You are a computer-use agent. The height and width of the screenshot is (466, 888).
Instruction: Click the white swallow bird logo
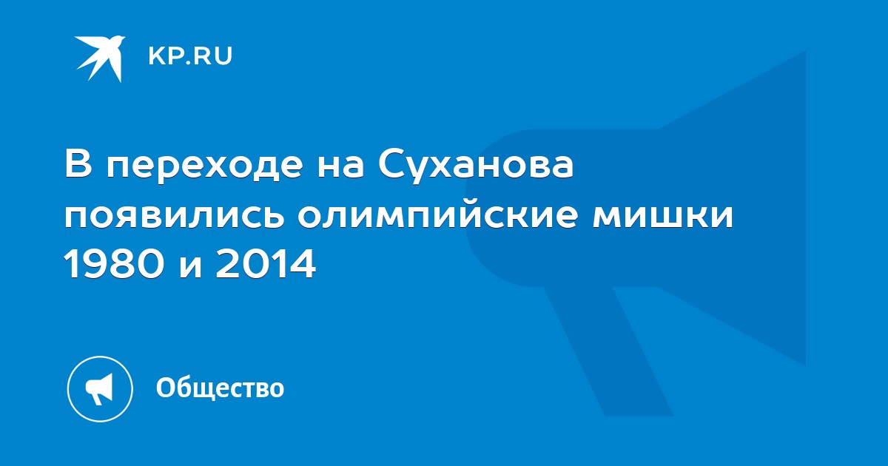pos(100,58)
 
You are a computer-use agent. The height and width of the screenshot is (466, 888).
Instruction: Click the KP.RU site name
pos(190,56)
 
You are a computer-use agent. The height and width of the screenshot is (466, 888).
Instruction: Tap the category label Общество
pos(220,388)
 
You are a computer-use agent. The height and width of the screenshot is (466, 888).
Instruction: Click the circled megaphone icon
pos(100,389)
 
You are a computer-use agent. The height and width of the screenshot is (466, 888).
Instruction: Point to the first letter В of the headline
pos(79,163)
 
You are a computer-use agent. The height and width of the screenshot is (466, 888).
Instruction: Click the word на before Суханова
pos(340,166)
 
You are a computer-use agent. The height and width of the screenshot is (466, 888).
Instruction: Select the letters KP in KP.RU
pos(164,56)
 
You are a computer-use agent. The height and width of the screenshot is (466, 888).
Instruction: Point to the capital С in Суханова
pos(391,163)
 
